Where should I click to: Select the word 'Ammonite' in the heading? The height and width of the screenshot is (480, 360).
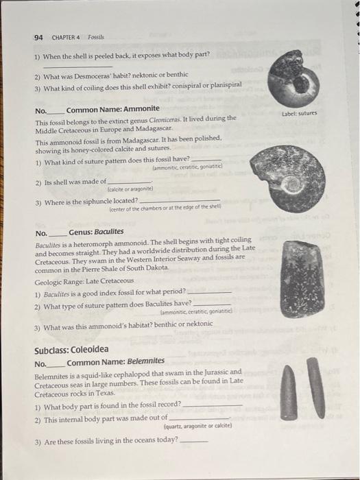click(x=142, y=109)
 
